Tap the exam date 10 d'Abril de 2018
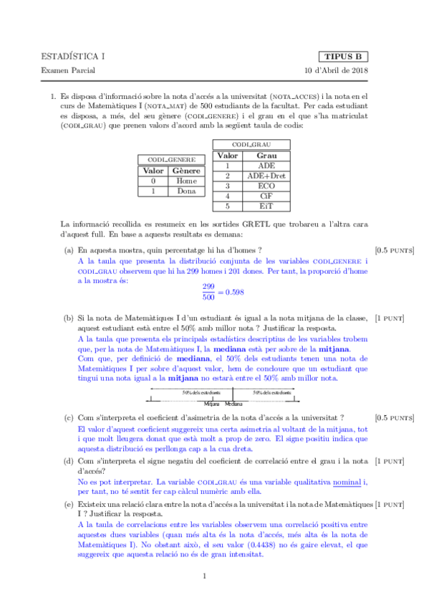point(336,71)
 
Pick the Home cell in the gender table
point(186,181)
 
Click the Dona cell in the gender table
point(186,191)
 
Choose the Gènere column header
point(186,171)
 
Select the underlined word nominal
point(347,483)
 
